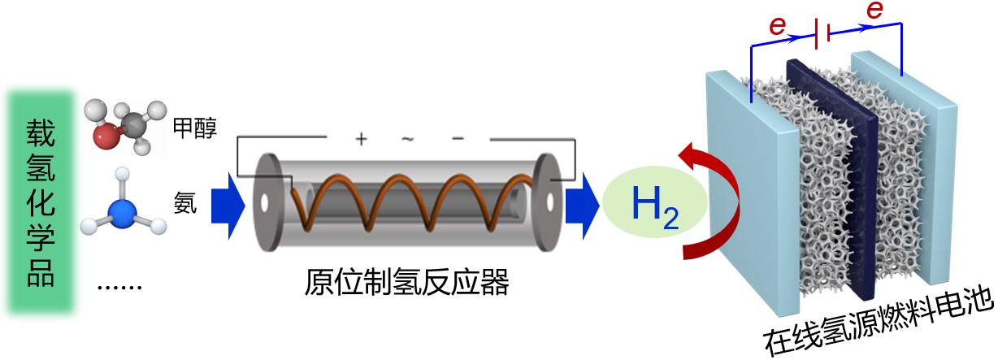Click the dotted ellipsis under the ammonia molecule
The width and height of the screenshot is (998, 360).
point(119,286)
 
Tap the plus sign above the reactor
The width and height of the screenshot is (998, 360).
point(362,139)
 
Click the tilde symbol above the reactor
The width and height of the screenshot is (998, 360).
point(408,139)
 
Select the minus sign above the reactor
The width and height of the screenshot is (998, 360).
point(458,138)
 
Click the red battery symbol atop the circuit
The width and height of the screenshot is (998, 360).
point(822,33)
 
